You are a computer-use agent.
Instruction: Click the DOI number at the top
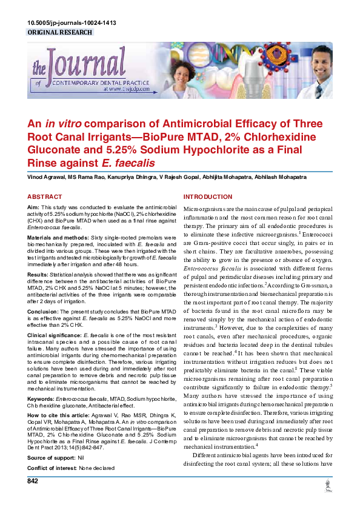point(72,23)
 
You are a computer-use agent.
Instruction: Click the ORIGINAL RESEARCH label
point(60,32)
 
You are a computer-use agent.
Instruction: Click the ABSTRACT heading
point(45,197)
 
